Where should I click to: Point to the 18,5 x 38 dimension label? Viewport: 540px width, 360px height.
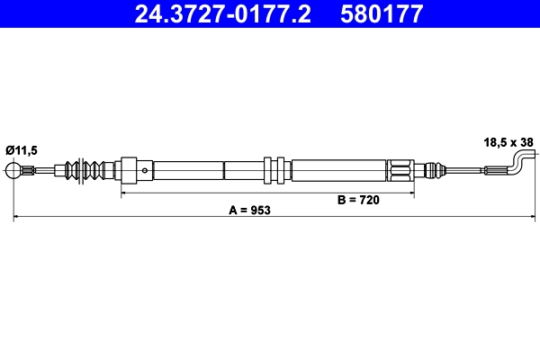point(508,141)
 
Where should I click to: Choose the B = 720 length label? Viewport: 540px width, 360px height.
point(357,200)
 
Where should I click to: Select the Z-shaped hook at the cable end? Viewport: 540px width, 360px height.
point(519,164)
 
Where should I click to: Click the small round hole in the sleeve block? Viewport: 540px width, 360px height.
point(146,169)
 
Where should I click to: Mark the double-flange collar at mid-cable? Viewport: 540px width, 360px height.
point(274,169)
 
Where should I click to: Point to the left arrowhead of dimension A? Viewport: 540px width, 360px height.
point(15,217)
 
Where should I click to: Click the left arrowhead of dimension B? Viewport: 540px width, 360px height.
point(124,192)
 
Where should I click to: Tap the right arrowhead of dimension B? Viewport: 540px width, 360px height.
point(416,192)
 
